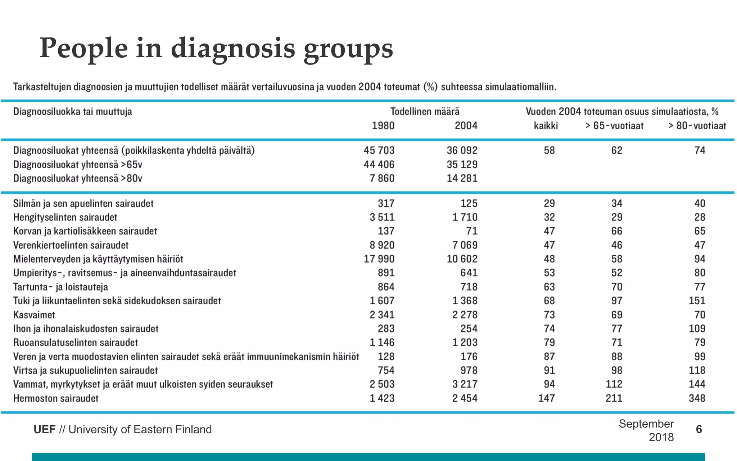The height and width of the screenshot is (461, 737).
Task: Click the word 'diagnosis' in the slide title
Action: (x=232, y=49)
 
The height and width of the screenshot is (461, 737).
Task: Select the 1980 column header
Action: (x=383, y=126)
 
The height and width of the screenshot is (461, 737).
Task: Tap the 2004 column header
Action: (x=466, y=126)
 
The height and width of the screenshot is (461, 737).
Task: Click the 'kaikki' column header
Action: (x=546, y=126)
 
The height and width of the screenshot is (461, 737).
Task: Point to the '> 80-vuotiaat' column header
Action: (x=697, y=126)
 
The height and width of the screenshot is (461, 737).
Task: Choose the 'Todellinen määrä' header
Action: (x=425, y=112)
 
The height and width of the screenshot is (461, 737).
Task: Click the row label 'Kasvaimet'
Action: (x=34, y=315)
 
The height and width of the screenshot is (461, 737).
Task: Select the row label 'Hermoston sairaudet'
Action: (x=56, y=398)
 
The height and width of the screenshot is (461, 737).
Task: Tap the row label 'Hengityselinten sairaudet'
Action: (x=65, y=217)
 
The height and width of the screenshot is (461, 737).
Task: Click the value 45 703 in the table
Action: (x=379, y=150)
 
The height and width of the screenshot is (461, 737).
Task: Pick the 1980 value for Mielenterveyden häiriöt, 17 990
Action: (x=379, y=259)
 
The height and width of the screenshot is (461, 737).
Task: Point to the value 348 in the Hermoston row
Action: (x=697, y=398)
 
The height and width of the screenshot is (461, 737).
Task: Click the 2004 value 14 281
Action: (x=462, y=178)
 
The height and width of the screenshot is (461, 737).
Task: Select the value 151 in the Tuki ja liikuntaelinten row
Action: (x=697, y=301)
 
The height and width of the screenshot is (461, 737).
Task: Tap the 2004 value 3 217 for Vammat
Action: (x=465, y=384)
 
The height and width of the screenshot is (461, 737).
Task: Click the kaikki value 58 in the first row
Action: (x=549, y=150)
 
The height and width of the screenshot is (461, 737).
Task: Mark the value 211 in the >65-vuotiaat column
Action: (x=614, y=398)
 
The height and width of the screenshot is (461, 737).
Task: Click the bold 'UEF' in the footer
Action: (x=45, y=429)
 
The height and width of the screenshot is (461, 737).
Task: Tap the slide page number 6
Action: (x=699, y=429)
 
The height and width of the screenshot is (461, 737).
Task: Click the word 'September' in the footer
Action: (x=646, y=424)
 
